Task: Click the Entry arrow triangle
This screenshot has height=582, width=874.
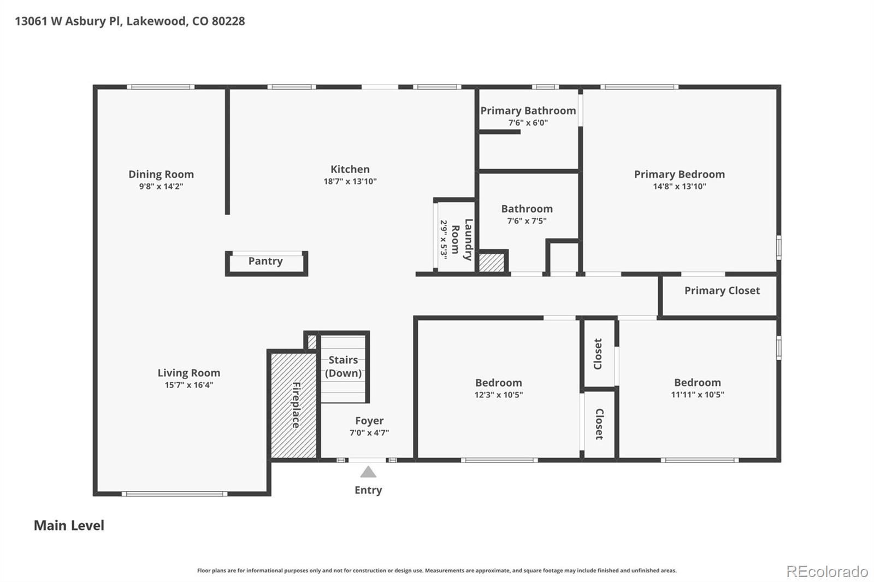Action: (x=368, y=472)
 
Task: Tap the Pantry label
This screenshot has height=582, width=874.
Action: (x=265, y=261)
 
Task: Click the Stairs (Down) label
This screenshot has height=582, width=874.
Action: (x=343, y=366)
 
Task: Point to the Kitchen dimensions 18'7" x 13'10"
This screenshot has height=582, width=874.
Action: (x=350, y=181)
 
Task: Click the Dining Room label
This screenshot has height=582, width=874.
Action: (x=161, y=174)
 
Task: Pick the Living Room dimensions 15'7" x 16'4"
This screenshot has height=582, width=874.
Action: (x=189, y=385)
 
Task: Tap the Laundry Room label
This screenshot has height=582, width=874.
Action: (x=462, y=239)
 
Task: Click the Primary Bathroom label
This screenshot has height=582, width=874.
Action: (x=528, y=110)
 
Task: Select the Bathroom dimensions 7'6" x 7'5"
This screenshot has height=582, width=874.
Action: (x=527, y=221)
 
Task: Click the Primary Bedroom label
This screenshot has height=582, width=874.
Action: (x=679, y=174)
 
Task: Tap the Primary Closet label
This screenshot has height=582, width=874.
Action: (x=722, y=290)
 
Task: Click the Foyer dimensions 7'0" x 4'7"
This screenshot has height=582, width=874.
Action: (x=369, y=433)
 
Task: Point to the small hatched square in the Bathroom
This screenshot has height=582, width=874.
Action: (x=492, y=262)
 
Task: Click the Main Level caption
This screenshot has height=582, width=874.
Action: (x=69, y=525)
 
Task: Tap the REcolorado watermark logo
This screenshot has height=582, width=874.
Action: (x=826, y=572)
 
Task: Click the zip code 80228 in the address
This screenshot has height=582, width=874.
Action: (x=228, y=21)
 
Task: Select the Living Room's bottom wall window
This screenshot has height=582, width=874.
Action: (x=174, y=494)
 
